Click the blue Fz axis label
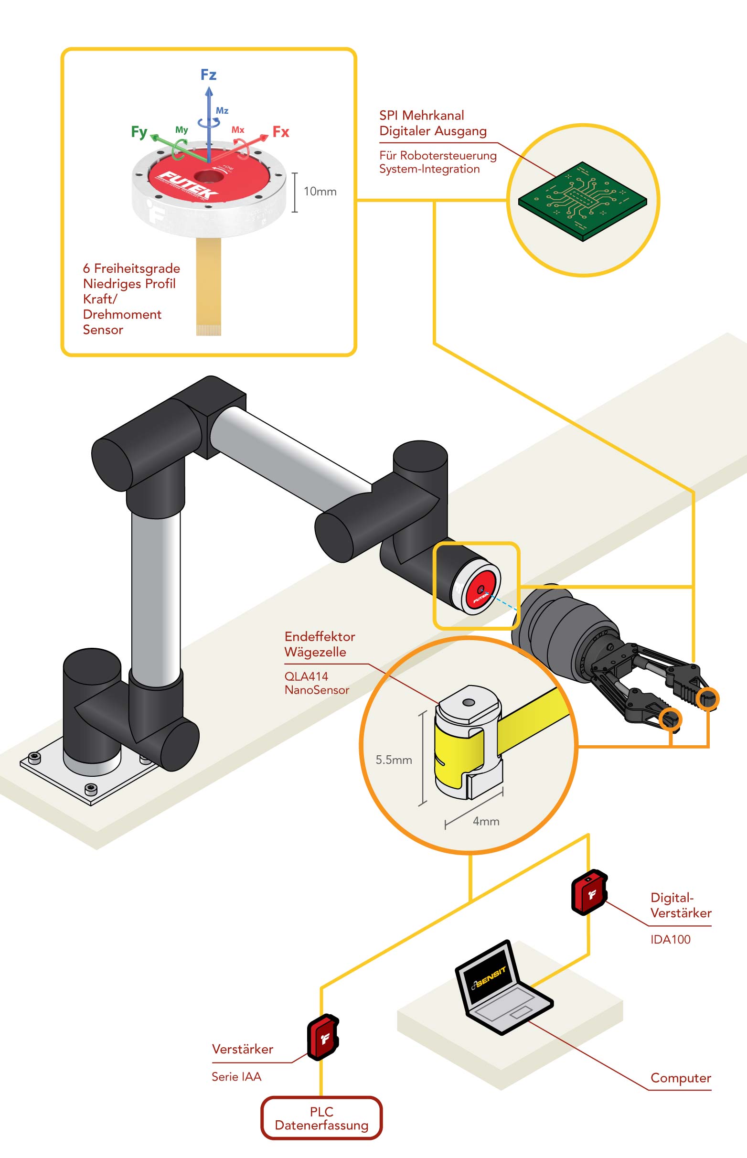(x=208, y=75)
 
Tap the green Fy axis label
(x=139, y=132)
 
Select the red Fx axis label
(x=281, y=132)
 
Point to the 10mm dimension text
(x=320, y=192)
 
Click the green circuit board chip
(x=582, y=200)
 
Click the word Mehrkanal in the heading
(x=433, y=116)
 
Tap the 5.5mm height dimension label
(x=394, y=760)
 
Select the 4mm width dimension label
(x=486, y=821)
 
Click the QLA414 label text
(x=306, y=676)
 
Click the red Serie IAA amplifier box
(x=323, y=1037)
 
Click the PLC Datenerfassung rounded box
(x=321, y=1118)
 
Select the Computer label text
(x=680, y=1078)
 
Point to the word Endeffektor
(x=320, y=636)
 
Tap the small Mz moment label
(x=222, y=111)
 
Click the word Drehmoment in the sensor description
(x=122, y=314)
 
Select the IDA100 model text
(x=670, y=939)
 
